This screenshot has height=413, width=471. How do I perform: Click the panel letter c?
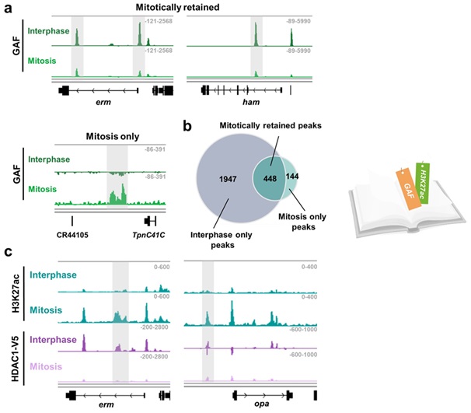[x=6, y=251]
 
